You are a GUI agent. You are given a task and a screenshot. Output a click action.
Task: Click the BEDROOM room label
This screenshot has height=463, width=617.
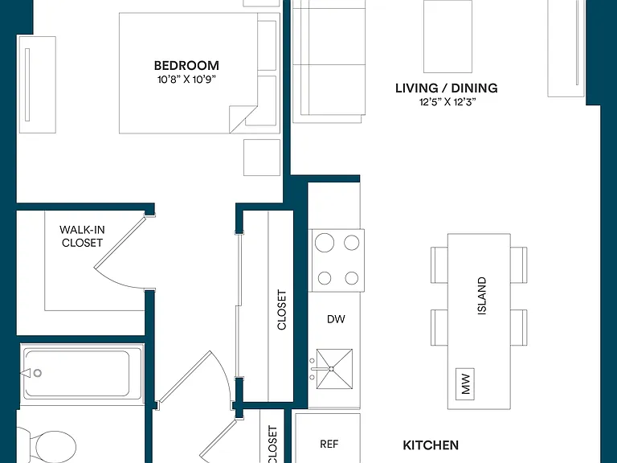pyautogui.click(x=186, y=65)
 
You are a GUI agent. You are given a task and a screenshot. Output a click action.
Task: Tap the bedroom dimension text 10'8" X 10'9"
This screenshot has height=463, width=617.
pyautogui.click(x=187, y=80)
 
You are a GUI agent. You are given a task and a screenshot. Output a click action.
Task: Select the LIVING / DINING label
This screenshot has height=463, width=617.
pyautogui.click(x=447, y=88)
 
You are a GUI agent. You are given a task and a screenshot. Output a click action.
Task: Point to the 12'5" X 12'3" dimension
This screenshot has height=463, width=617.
pyautogui.click(x=447, y=102)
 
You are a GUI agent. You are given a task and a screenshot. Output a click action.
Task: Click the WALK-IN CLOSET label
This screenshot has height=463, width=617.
pyautogui.click(x=82, y=236)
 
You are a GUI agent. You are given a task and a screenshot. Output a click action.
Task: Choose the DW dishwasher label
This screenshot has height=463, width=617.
pyautogui.click(x=336, y=319)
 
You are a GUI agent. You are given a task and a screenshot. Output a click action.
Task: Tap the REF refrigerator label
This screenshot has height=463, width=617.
pyautogui.click(x=329, y=444)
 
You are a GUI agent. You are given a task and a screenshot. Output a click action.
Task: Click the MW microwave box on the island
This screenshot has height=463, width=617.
pyautogui.click(x=464, y=384)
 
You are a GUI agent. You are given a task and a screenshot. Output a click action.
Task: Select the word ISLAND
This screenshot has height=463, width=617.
pyautogui.click(x=482, y=296)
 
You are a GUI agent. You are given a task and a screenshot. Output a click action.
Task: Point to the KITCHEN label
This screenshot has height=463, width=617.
pyautogui.click(x=431, y=445)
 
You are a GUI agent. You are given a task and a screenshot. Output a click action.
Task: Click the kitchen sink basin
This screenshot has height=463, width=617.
pyautogui.click(x=334, y=369)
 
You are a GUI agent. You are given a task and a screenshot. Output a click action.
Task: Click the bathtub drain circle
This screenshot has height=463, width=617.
pyautogui.click(x=38, y=373)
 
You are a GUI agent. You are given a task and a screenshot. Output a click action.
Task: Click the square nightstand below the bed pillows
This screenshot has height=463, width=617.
pyautogui.click(x=262, y=158)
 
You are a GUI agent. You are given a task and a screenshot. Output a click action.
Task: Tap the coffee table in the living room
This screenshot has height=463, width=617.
pyautogui.click(x=447, y=37)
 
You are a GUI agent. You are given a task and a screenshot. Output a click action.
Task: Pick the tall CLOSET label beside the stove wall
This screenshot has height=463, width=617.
pyautogui.click(x=282, y=309)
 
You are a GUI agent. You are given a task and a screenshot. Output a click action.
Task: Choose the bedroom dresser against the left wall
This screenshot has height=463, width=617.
pyautogui.click(x=38, y=84)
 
